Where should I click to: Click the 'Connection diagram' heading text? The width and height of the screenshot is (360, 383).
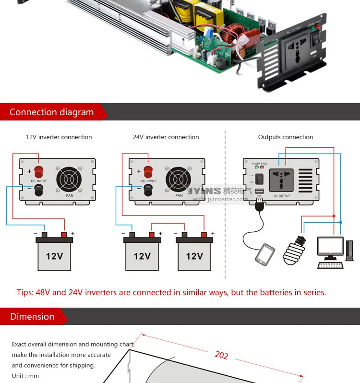(51, 112)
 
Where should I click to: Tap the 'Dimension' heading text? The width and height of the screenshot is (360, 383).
(32, 317)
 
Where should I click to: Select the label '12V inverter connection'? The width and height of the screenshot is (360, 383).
(59, 137)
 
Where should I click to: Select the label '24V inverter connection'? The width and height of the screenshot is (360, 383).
(166, 137)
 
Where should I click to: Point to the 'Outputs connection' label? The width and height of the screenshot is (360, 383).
(285, 137)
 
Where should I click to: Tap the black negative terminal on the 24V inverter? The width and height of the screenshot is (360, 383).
(148, 191)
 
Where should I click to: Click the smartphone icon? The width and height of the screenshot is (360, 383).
(265, 254)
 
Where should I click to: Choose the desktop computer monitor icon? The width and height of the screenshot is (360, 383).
(330, 247)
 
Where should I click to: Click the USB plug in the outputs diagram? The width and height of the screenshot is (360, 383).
(260, 205)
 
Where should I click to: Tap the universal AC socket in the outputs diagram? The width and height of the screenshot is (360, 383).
(282, 178)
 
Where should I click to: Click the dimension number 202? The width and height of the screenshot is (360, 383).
(221, 355)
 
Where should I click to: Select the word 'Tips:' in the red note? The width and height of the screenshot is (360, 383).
(25, 293)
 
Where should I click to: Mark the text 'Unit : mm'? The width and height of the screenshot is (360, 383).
(25, 376)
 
